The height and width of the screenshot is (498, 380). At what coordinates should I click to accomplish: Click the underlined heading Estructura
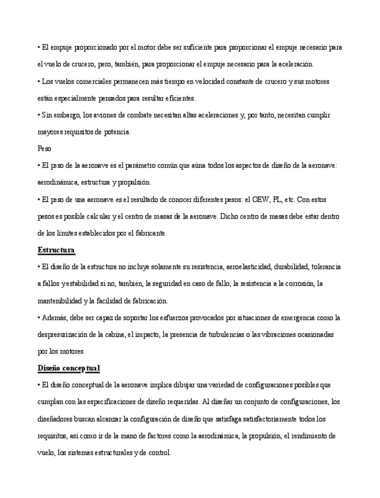coord(56,250)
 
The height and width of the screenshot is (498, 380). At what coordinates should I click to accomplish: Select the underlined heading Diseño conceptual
coord(69,368)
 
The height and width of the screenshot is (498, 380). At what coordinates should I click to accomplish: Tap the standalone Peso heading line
coord(43,149)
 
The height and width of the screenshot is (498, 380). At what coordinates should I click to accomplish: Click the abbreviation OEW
coord(256,200)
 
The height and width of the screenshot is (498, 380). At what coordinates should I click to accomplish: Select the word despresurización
coord(64,335)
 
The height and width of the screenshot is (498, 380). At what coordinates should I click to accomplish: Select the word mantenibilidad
coord(58,301)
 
